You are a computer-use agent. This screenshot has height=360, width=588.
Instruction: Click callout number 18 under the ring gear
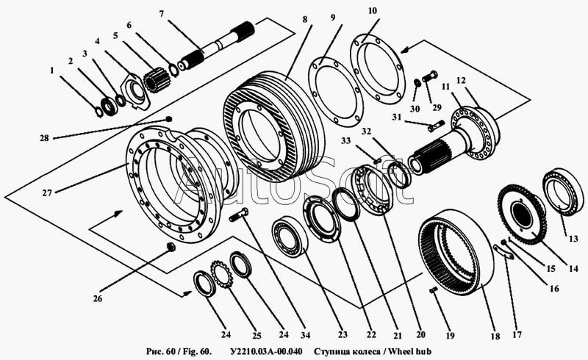[x=495, y=336]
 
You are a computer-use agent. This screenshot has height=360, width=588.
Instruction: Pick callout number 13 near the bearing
[x=573, y=239]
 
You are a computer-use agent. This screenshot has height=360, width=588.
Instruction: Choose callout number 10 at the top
[x=372, y=11]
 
